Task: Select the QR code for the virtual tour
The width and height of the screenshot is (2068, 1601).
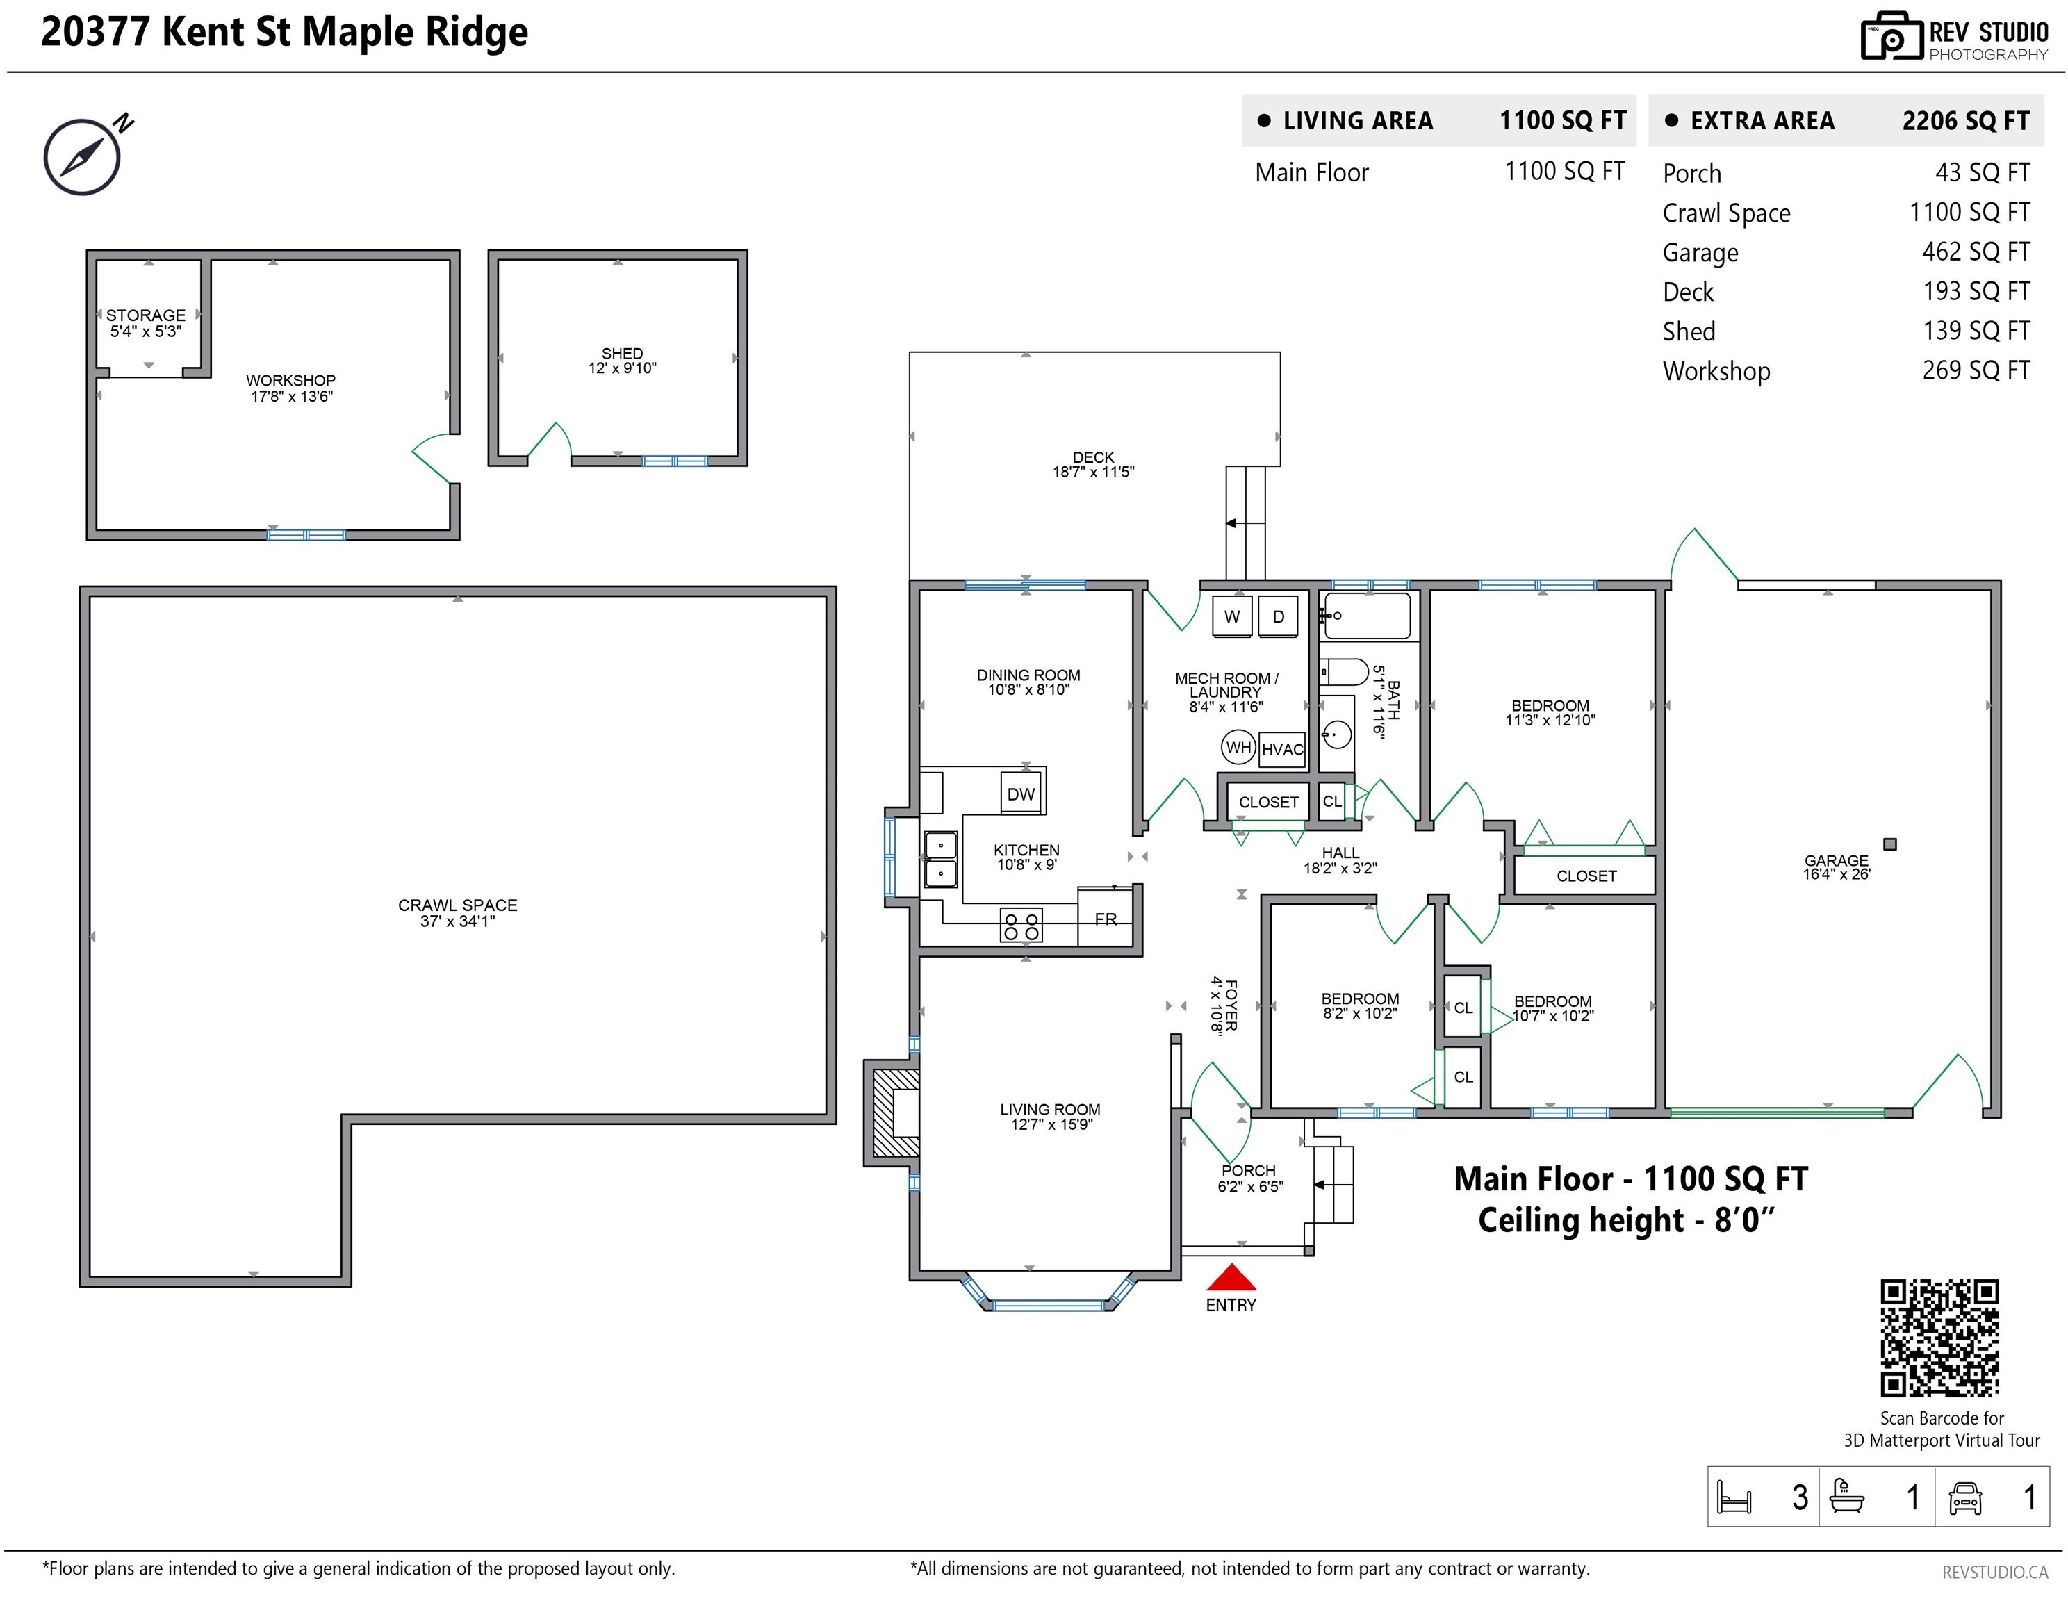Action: pos(1939,1338)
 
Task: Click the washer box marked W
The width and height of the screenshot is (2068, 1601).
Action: pos(1232,616)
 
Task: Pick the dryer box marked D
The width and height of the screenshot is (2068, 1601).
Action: pos(1279,616)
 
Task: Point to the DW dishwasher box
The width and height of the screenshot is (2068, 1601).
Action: pos(1021,794)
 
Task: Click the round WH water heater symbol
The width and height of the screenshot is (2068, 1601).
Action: pos(1238,747)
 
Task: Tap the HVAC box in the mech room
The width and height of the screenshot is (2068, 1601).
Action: pos(1283,749)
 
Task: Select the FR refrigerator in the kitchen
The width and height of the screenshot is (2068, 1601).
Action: pos(1106,917)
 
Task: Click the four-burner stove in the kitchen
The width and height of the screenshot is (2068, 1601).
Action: pos(1021,925)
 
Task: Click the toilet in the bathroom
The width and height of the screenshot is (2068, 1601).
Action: pos(1345,672)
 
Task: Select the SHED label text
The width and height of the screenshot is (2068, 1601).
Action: pos(622,353)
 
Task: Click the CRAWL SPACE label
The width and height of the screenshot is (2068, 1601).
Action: pos(457,905)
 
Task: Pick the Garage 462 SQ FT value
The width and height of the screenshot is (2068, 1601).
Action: pos(1976,252)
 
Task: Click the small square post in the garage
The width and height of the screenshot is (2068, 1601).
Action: pos(1890,844)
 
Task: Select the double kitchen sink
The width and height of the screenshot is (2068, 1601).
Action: pos(941,859)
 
